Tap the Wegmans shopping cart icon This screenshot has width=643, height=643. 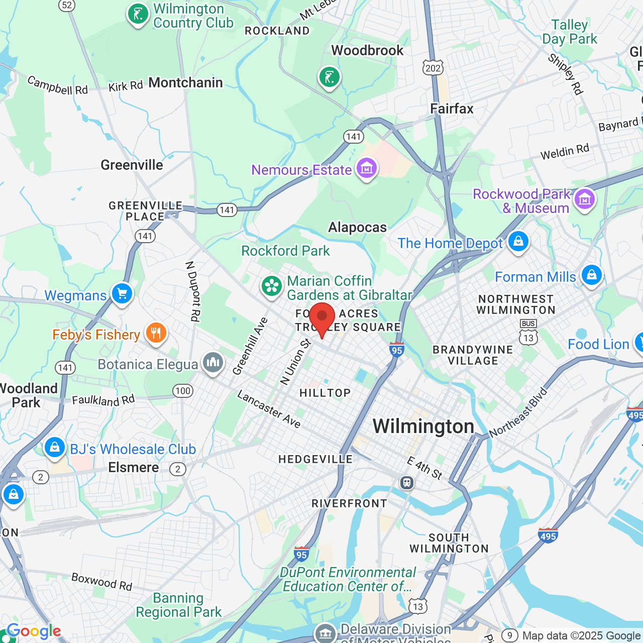point(122,293)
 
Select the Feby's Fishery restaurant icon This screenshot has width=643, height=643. point(156,333)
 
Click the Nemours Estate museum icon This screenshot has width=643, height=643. point(367,168)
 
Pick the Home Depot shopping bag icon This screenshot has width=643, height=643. point(518,242)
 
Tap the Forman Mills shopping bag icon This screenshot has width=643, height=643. point(592,275)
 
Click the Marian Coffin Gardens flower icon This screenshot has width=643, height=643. point(272,286)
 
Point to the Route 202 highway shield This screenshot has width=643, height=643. point(433,68)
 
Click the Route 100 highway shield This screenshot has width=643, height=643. point(183,391)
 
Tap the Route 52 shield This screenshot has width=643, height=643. point(67,6)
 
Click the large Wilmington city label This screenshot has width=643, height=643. point(423,426)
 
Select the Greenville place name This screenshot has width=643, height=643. point(132,165)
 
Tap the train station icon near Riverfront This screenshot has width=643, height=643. point(407,483)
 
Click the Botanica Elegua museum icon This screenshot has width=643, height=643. point(213,362)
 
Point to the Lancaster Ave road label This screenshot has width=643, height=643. point(269,409)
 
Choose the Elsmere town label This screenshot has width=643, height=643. point(134,468)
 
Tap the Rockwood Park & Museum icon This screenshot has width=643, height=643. point(585,199)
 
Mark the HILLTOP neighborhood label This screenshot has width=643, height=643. point(325,393)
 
